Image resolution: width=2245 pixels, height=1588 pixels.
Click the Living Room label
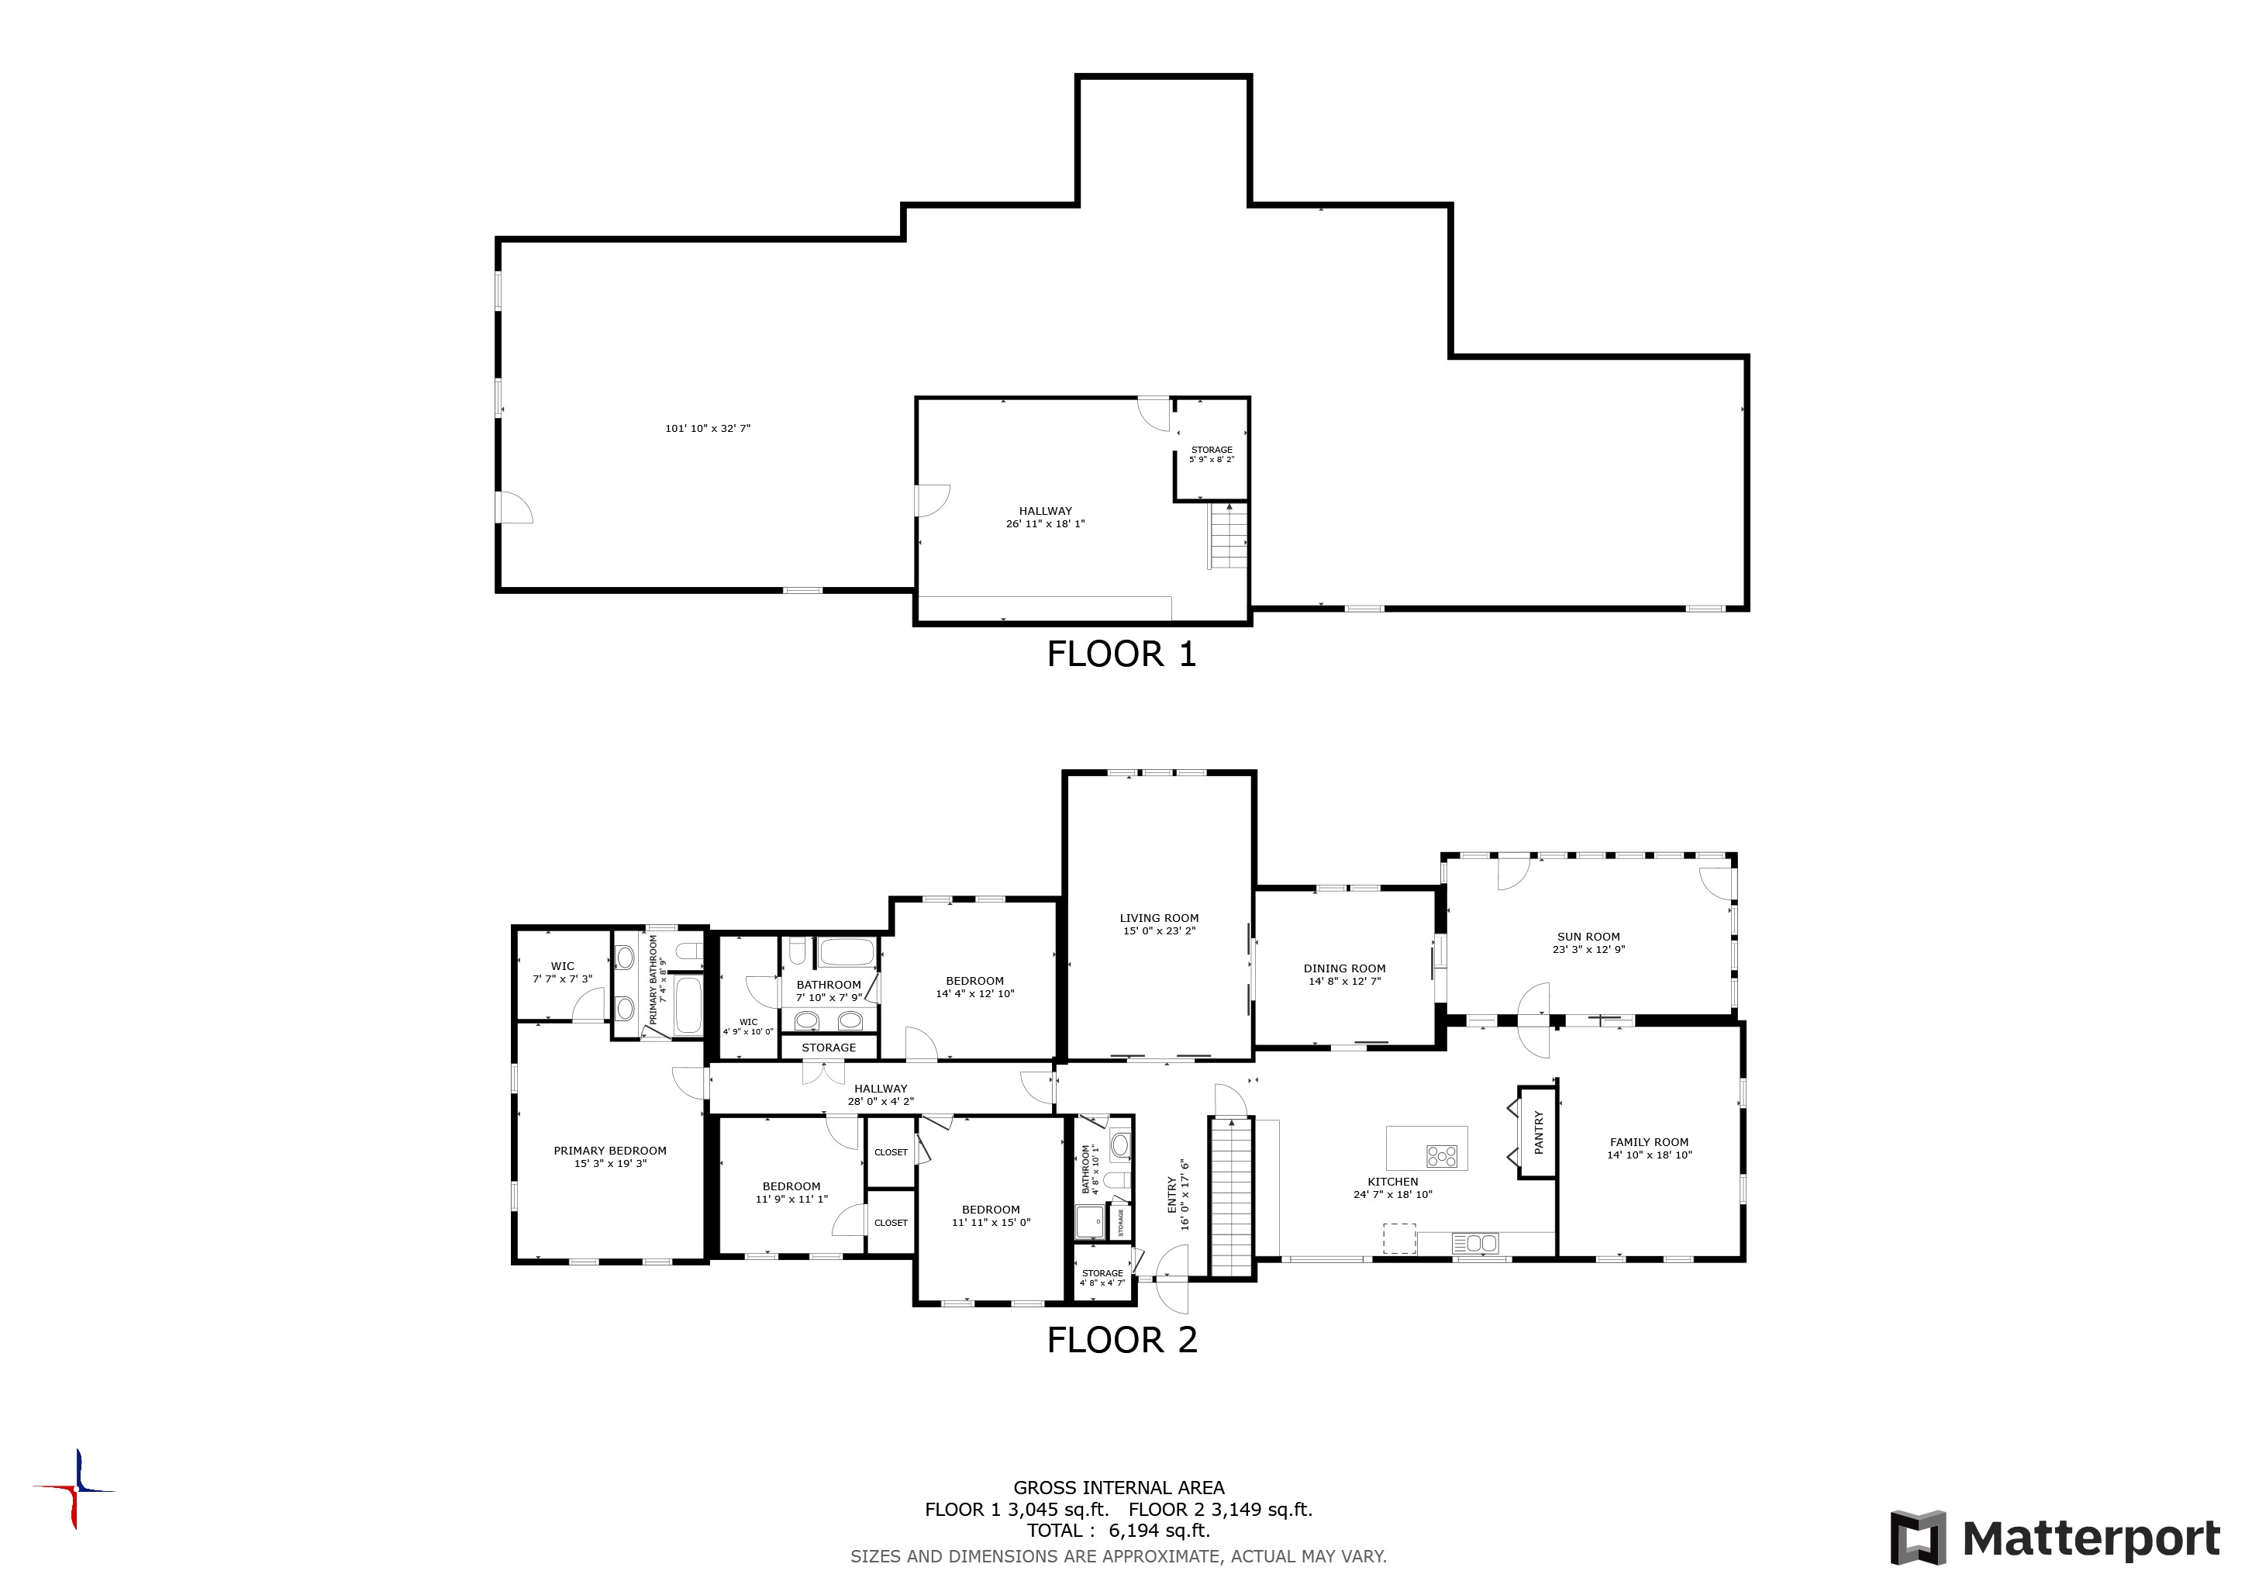click(x=1159, y=918)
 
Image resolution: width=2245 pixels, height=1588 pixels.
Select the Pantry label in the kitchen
click(x=1538, y=1131)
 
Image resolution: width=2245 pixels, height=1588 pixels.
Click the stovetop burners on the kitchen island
click(x=1441, y=1157)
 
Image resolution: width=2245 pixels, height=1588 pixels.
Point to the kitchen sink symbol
click(x=1475, y=1244)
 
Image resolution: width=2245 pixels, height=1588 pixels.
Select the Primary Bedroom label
click(x=610, y=1151)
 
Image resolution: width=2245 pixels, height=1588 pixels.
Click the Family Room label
click(x=1649, y=1142)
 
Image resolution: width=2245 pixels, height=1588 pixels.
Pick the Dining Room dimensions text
click(x=1344, y=981)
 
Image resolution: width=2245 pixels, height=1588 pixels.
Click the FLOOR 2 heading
click(x=1122, y=1340)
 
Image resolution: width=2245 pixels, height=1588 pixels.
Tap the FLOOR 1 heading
click(x=1122, y=654)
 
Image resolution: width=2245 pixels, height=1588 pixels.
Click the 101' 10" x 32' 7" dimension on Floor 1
click(x=708, y=428)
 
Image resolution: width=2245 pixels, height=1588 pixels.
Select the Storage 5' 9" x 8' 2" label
click(x=1212, y=454)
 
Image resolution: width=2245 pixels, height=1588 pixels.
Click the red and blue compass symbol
click(x=75, y=1490)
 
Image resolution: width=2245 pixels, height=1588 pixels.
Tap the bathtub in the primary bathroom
click(x=688, y=1004)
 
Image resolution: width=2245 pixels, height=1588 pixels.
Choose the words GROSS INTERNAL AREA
click(x=1119, y=1487)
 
